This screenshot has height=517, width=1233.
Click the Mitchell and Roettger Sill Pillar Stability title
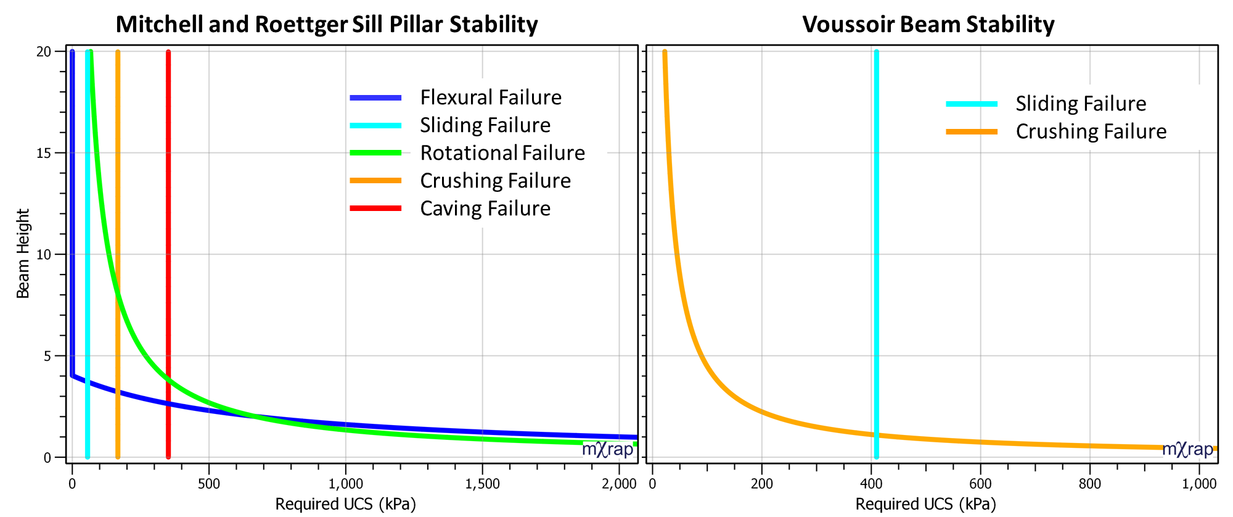pyautogui.click(x=327, y=25)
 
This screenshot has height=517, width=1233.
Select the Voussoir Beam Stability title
pyautogui.click(x=928, y=25)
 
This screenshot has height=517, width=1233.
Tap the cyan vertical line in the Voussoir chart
pyautogui.click(x=876, y=247)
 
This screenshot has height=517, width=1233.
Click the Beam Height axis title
pyautogui.click(x=23, y=254)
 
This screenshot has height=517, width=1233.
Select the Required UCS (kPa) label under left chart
pyautogui.click(x=345, y=504)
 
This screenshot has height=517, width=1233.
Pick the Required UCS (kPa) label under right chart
pyautogui.click(x=925, y=504)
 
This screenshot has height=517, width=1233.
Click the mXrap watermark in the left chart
pyautogui.click(x=607, y=449)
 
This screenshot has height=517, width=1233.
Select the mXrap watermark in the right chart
pyautogui.click(x=1187, y=449)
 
